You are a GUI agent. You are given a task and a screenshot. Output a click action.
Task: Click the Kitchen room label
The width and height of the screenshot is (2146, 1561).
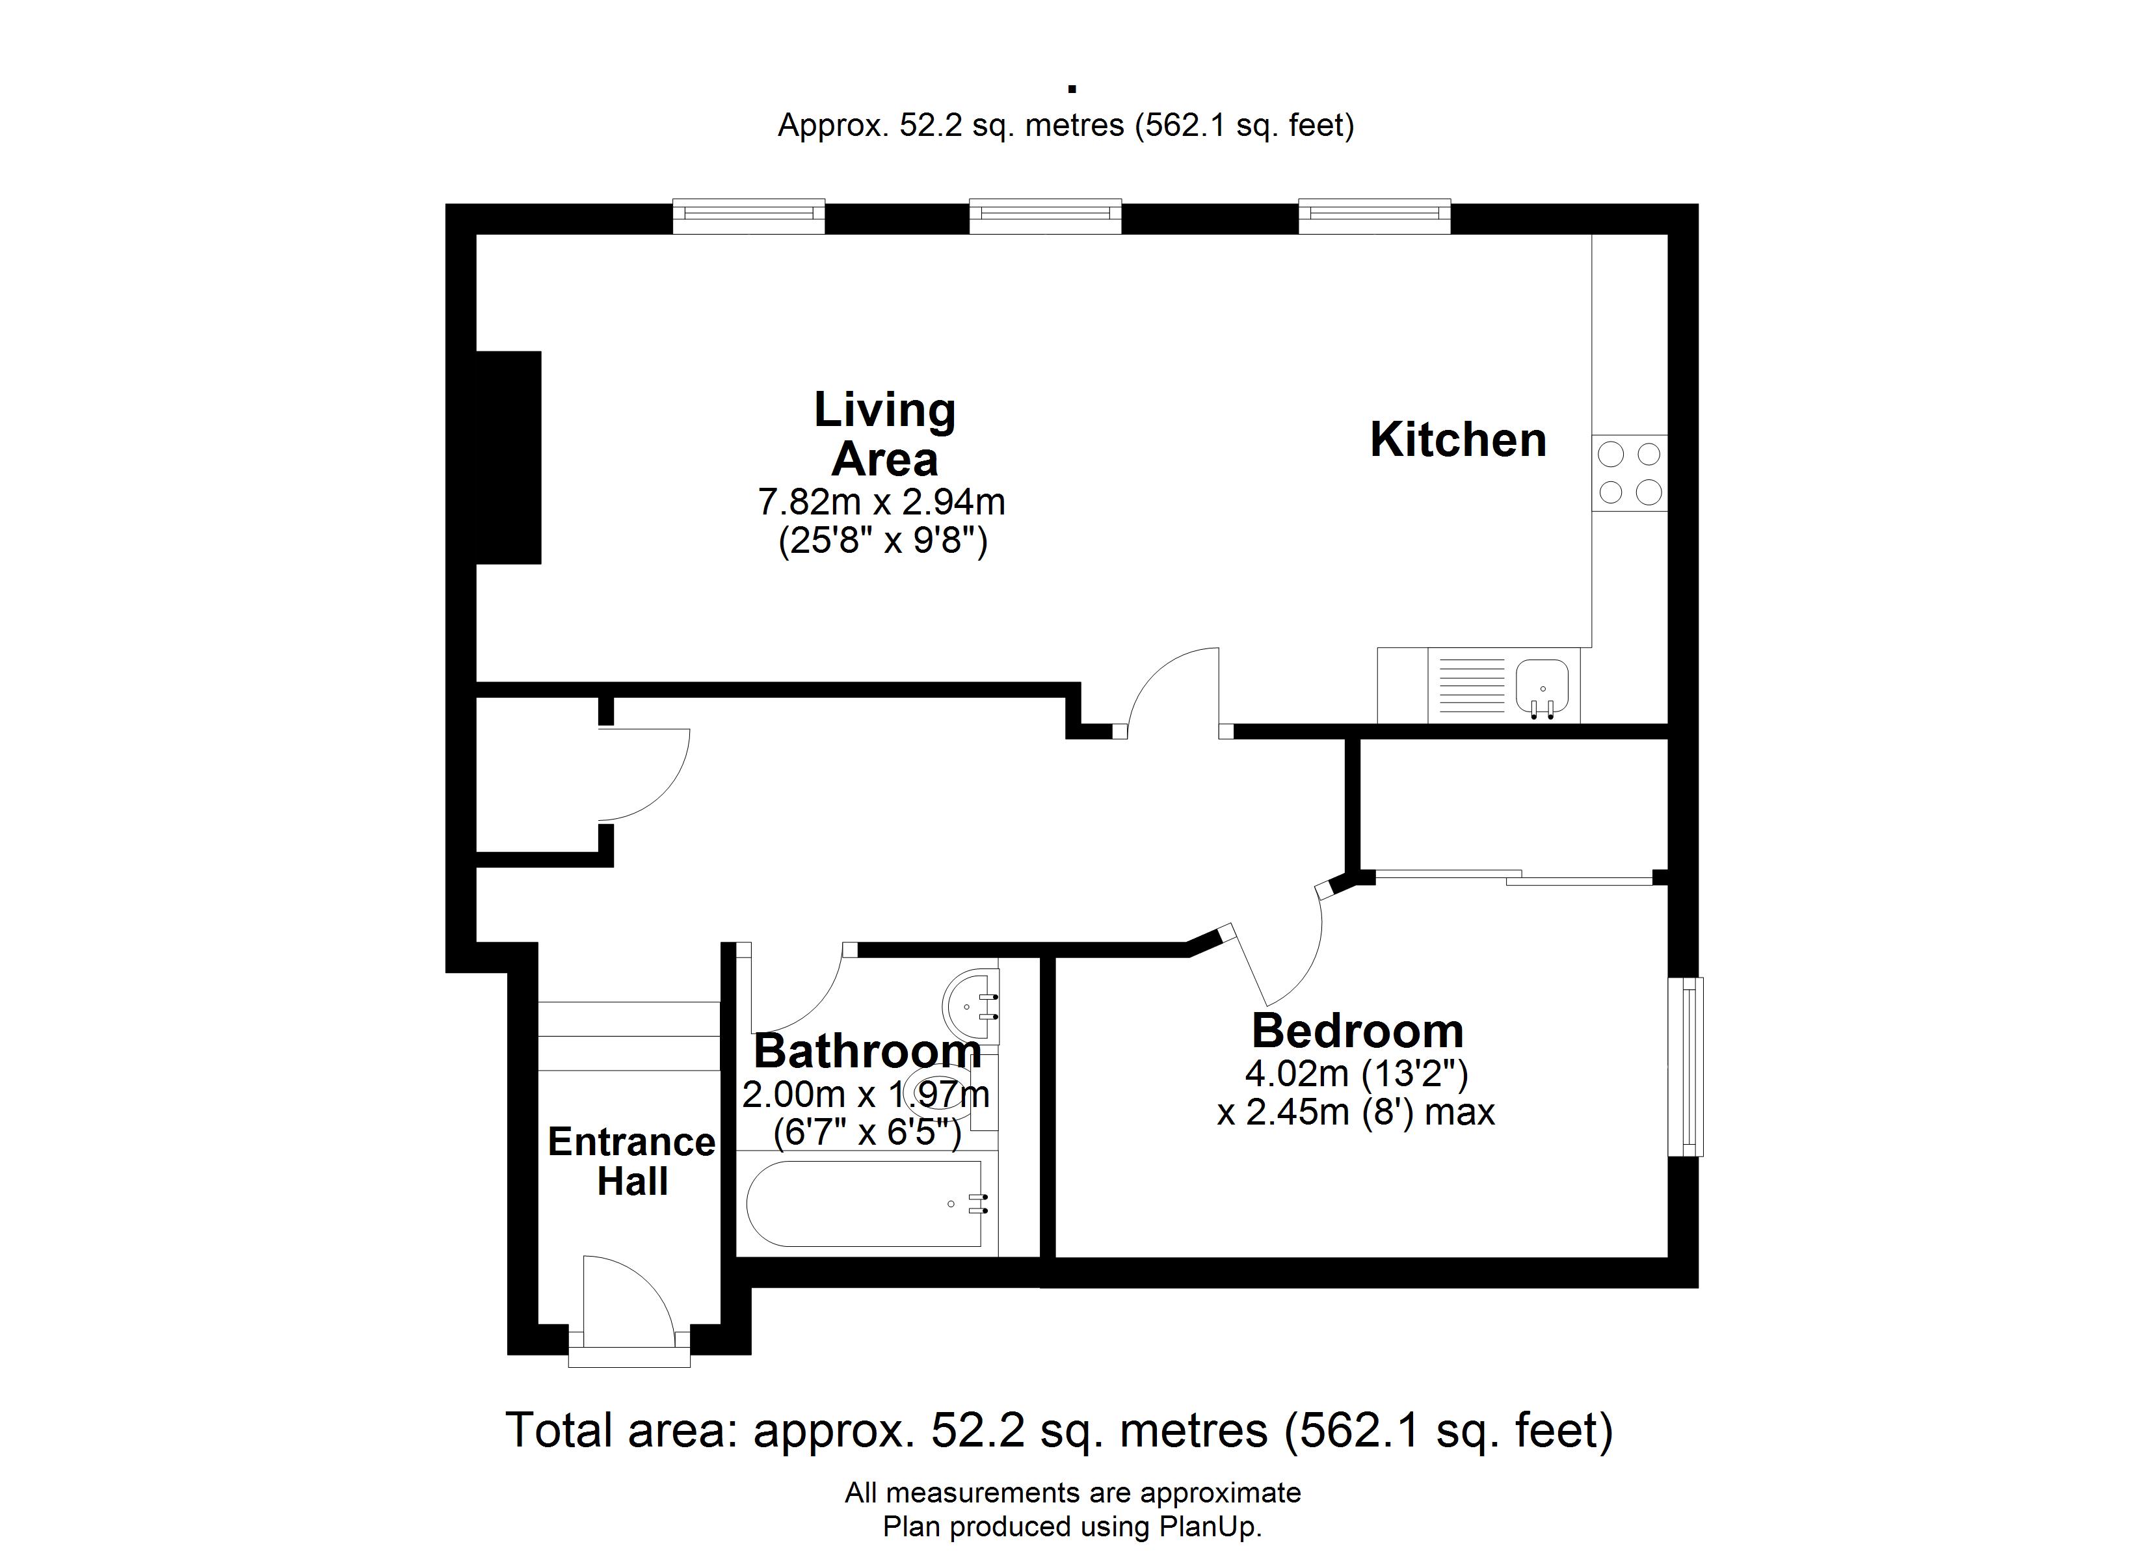pyautogui.click(x=1458, y=440)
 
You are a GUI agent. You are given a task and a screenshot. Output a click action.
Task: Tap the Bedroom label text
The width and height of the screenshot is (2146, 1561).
pyautogui.click(x=1357, y=1031)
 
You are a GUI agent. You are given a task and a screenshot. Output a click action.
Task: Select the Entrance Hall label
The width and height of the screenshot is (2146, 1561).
pyautogui.click(x=632, y=1162)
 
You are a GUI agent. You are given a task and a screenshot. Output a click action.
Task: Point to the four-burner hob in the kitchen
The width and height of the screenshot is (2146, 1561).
pyautogui.click(x=1630, y=474)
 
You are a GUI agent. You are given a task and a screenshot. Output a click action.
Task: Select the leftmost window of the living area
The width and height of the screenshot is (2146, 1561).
pyautogui.click(x=748, y=216)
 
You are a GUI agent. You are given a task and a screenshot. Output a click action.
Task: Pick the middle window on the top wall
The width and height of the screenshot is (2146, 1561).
pyautogui.click(x=1046, y=216)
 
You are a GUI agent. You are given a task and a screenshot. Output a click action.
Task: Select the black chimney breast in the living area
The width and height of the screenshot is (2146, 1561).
pyautogui.click(x=508, y=457)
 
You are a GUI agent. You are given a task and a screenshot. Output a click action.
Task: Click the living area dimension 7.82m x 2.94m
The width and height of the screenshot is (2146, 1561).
pyautogui.click(x=882, y=501)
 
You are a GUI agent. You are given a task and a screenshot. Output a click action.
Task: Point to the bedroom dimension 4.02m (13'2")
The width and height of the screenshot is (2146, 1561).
pyautogui.click(x=1356, y=1073)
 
